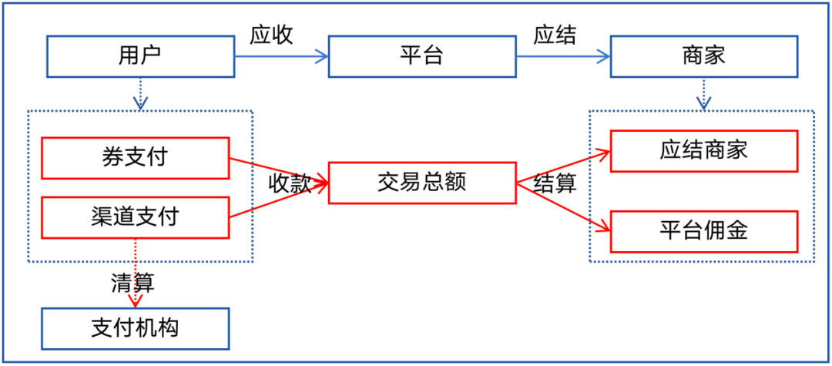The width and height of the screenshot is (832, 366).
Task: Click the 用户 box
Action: (x=139, y=55)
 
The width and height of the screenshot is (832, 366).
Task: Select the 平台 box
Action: (x=421, y=55)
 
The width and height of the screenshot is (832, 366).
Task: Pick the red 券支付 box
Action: (x=135, y=157)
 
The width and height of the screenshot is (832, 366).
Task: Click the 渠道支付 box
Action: (x=135, y=217)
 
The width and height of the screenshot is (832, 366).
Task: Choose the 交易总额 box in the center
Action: (x=421, y=183)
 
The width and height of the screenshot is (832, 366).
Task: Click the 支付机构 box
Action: (x=135, y=327)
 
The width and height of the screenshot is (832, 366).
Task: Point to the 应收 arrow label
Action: (x=271, y=35)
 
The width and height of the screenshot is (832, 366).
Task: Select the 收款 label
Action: (x=290, y=183)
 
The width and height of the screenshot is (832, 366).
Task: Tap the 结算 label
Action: (x=555, y=184)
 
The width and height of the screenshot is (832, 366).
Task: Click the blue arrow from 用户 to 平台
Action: (x=281, y=56)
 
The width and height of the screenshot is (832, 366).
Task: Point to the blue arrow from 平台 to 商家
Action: (x=562, y=56)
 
